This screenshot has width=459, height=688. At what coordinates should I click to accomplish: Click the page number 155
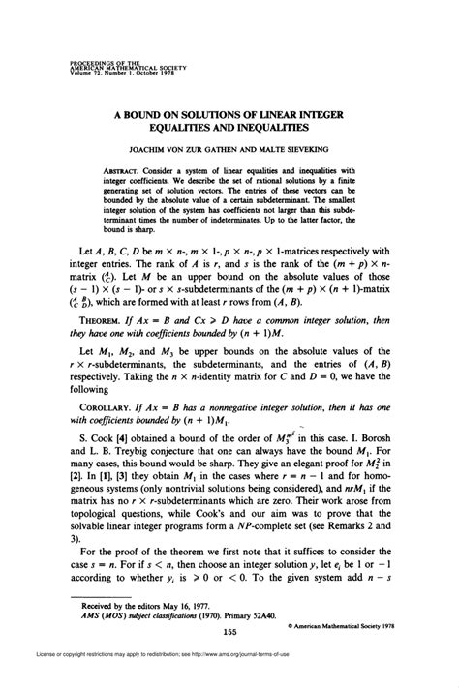pos(229,632)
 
